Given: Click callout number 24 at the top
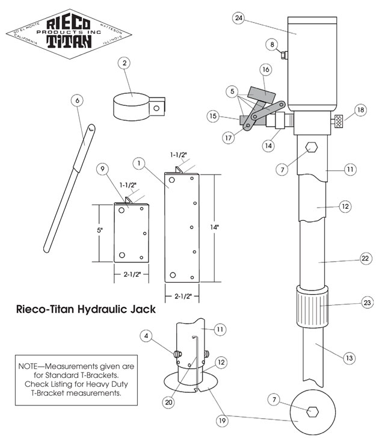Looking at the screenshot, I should point(239,18).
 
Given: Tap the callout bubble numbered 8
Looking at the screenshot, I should point(272,44).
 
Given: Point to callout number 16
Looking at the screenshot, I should point(265,70).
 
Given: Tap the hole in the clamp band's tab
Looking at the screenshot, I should point(157,109).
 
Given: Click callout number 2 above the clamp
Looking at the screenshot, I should point(125,62).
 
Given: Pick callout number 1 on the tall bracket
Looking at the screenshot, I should point(138,163).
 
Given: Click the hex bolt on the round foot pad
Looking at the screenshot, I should point(312,412).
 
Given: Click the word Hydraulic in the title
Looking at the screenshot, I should point(106,310).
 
